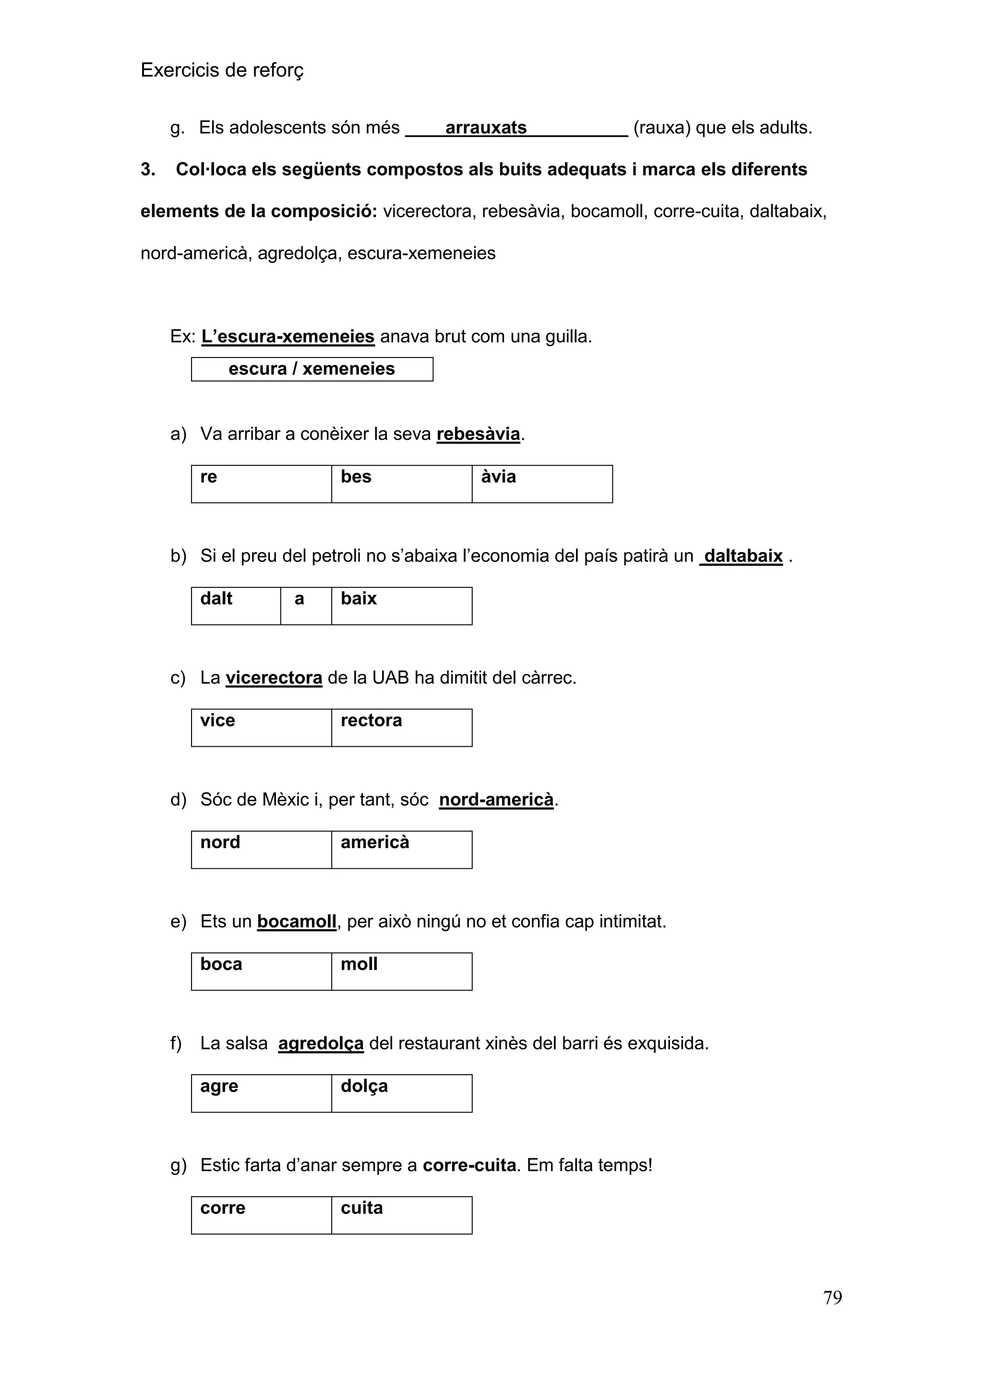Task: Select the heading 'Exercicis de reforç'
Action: (222, 70)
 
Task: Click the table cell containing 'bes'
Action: (401, 484)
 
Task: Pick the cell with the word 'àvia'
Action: (542, 484)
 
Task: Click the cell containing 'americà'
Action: (401, 850)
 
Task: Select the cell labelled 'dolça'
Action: (401, 1093)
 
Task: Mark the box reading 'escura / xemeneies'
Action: (312, 369)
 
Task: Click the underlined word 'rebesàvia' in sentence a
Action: (478, 434)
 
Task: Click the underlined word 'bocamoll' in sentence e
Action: (297, 922)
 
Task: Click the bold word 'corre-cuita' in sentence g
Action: (469, 1165)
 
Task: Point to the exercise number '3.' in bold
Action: (148, 169)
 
